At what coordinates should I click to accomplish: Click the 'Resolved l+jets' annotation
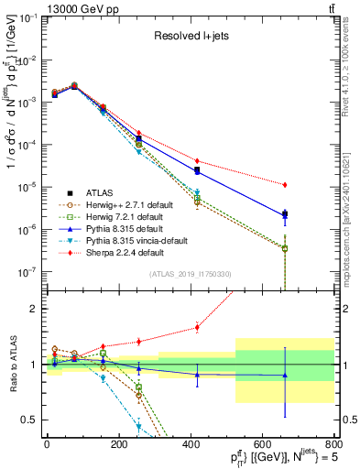tap(190, 37)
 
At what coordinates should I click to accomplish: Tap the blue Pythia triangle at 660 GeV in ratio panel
tap(285, 376)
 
